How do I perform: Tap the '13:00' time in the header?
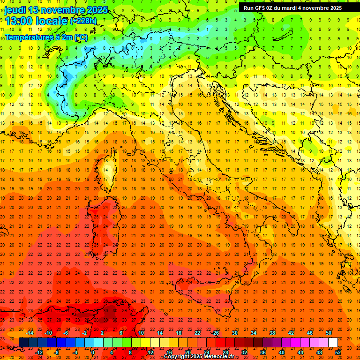[x=19, y=21]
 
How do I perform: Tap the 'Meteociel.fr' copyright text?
[x=215, y=357]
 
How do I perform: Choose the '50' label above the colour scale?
[x=329, y=333]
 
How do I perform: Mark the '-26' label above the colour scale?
[x=215, y=333]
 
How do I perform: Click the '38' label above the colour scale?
[x=272, y=333]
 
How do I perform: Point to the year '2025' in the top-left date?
[x=97, y=9]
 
